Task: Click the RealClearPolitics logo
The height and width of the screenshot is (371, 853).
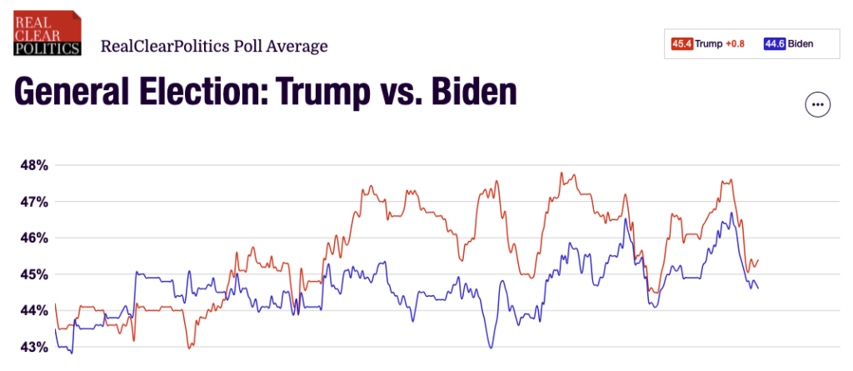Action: click(47, 33)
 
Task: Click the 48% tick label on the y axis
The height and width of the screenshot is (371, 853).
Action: click(34, 165)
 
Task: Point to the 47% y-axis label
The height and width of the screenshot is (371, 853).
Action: click(34, 202)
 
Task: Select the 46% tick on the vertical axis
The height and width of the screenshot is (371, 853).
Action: click(34, 238)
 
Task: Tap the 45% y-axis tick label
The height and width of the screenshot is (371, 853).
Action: click(34, 274)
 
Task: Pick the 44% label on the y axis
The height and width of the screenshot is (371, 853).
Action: click(34, 310)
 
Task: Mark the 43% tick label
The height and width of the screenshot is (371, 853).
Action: click(34, 347)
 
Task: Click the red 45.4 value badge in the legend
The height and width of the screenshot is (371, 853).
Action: click(682, 44)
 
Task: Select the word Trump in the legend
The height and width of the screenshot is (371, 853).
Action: click(710, 44)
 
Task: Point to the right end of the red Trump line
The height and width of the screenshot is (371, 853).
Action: click(758, 260)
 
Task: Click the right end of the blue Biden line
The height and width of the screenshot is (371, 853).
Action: click(758, 288)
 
